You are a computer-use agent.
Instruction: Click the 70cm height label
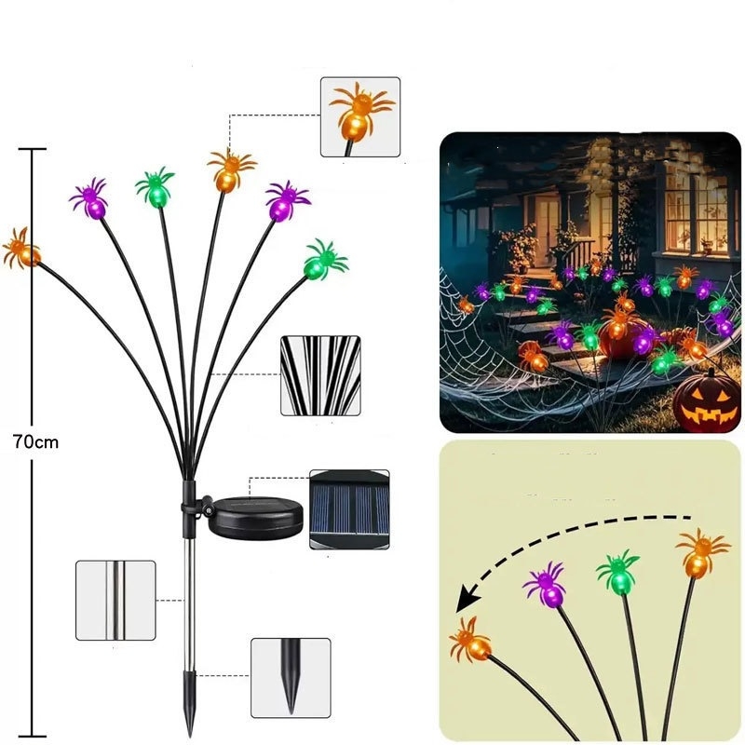tap(36, 442)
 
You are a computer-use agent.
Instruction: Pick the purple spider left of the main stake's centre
tap(89, 198)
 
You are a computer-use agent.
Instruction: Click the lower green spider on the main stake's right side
tap(325, 260)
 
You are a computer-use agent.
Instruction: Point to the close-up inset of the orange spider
tap(360, 117)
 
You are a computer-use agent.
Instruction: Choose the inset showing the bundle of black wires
tap(320, 376)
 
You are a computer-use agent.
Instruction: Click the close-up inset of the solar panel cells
tap(349, 509)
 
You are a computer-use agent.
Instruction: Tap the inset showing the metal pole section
tap(115, 600)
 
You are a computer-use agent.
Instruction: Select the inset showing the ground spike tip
tap(291, 678)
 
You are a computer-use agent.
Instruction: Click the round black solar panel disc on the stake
tap(256, 518)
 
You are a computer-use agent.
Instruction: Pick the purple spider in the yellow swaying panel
tap(546, 584)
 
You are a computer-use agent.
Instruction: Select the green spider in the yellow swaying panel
tap(618, 572)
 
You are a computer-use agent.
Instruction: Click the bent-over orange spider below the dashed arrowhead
tap(470, 640)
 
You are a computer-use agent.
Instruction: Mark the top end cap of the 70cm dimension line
tap(33, 149)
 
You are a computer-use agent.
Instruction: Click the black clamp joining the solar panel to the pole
tap(195, 506)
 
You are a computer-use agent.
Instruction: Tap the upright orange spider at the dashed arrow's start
tap(701, 553)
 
